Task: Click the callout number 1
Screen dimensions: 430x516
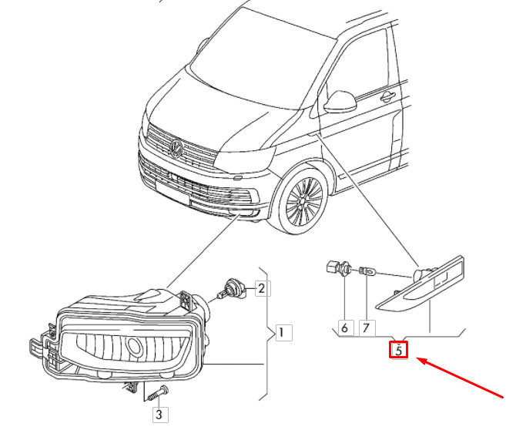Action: (x=281, y=333)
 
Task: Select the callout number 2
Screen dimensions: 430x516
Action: (x=261, y=289)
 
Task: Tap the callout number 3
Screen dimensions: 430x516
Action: (x=159, y=415)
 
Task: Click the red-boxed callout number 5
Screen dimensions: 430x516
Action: (x=398, y=351)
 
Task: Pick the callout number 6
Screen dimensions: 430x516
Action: (x=344, y=328)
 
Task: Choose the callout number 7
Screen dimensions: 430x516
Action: (x=366, y=328)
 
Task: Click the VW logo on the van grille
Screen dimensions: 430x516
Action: (x=176, y=147)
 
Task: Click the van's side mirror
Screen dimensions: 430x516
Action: (x=340, y=101)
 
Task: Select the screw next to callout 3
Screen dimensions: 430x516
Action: (x=157, y=392)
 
